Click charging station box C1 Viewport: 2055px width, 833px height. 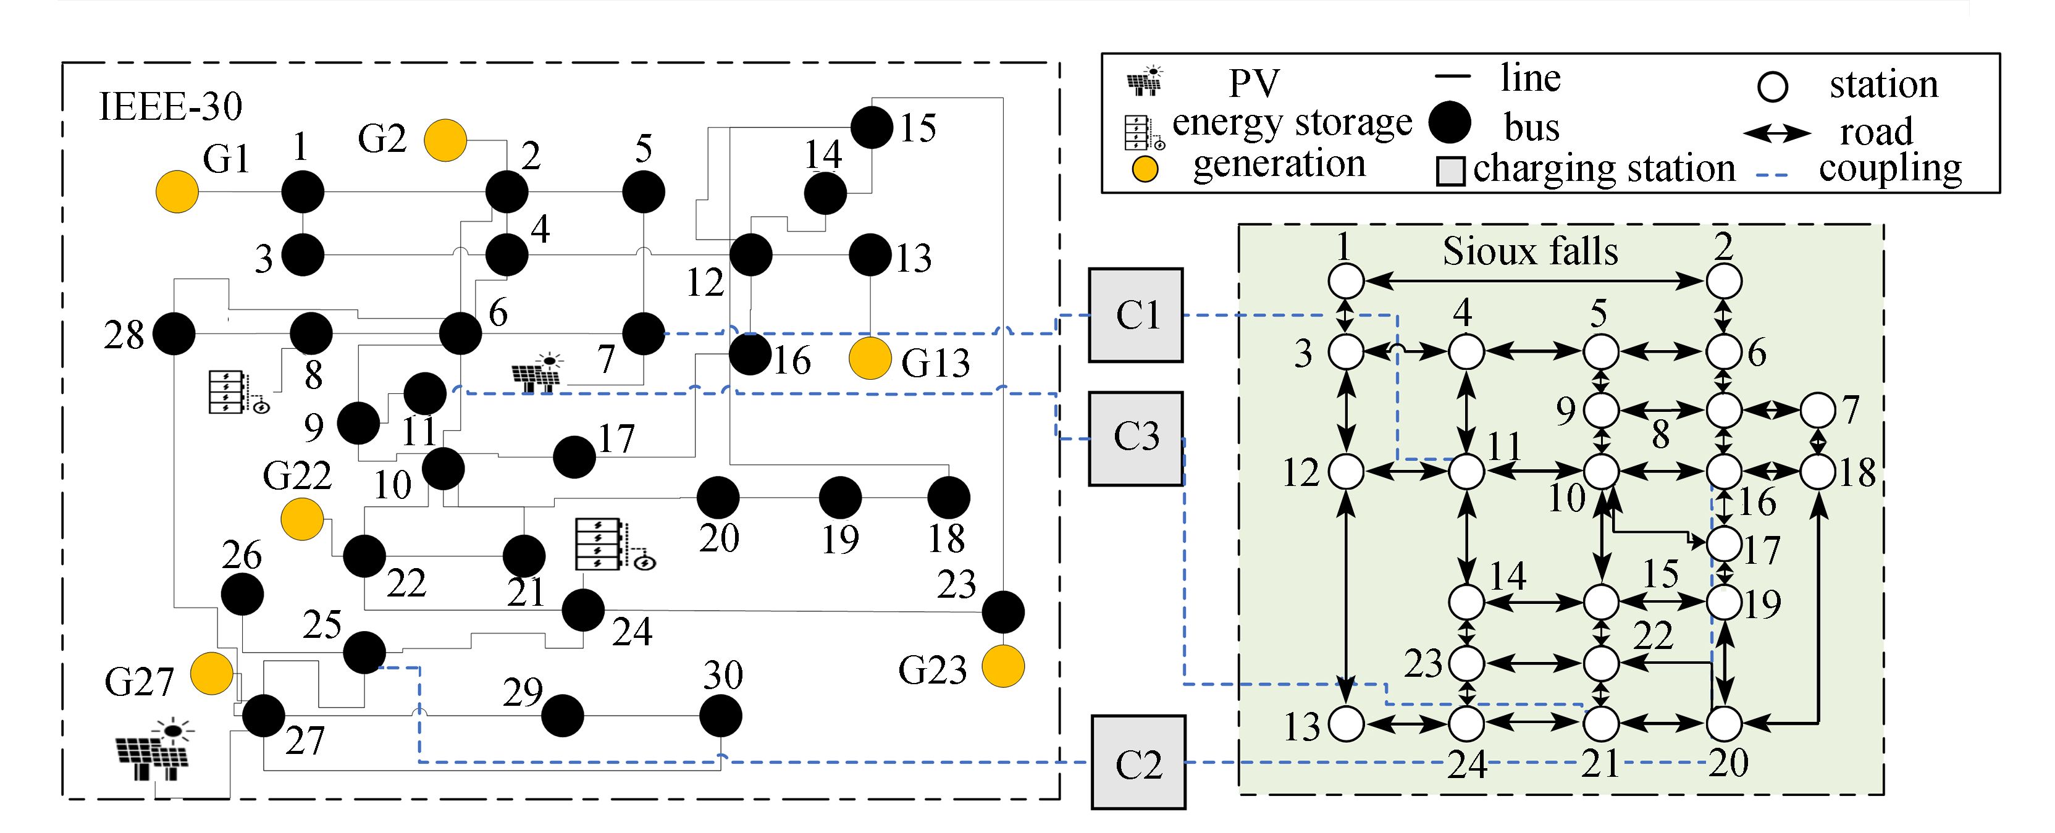pyautogui.click(x=1136, y=314)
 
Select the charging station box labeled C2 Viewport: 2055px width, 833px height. pyautogui.click(x=1138, y=763)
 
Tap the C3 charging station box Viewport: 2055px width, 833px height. pyautogui.click(x=1136, y=438)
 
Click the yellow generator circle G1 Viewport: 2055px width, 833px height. pyautogui.click(x=176, y=191)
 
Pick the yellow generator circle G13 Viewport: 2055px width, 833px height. pyautogui.click(x=870, y=358)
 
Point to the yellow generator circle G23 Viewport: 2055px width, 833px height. pyautogui.click(x=1002, y=666)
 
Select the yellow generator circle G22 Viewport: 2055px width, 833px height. pyautogui.click(x=302, y=519)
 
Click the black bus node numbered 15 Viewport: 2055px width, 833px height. pyautogui.click(x=872, y=127)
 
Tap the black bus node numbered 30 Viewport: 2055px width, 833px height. pyautogui.click(x=720, y=716)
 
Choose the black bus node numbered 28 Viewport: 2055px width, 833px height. pyautogui.click(x=174, y=333)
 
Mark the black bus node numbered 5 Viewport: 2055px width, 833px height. pyautogui.click(x=644, y=191)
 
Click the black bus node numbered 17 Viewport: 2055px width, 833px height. pyautogui.click(x=574, y=457)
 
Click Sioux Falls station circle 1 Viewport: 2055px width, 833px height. pyautogui.click(x=1347, y=281)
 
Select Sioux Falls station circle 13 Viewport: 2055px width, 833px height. pyautogui.click(x=1347, y=724)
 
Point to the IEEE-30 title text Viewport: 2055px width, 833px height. pyautogui.click(x=170, y=106)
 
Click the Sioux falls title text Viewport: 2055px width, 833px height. pyautogui.click(x=1530, y=251)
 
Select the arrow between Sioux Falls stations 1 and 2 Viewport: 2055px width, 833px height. pyautogui.click(x=1535, y=281)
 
